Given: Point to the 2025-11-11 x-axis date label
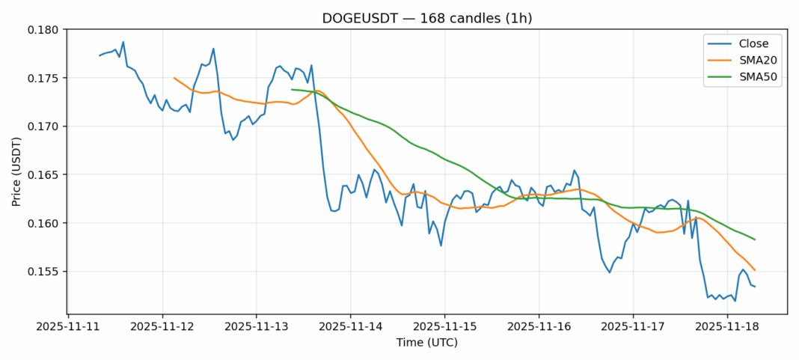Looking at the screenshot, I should click(x=68, y=326).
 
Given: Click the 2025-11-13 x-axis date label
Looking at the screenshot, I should click(x=257, y=326).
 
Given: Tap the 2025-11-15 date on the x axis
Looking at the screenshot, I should click(x=445, y=326).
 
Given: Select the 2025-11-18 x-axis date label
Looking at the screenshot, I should click(x=727, y=326).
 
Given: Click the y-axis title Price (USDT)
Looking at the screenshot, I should click(x=16, y=171).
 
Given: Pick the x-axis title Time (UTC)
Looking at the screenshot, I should click(x=426, y=343).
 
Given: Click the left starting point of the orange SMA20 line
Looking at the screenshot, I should click(x=174, y=78).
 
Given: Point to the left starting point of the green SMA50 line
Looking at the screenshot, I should click(x=292, y=90).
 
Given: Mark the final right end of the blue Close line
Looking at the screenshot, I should click(x=755, y=287).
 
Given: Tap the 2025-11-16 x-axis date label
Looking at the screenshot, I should click(x=539, y=326).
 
